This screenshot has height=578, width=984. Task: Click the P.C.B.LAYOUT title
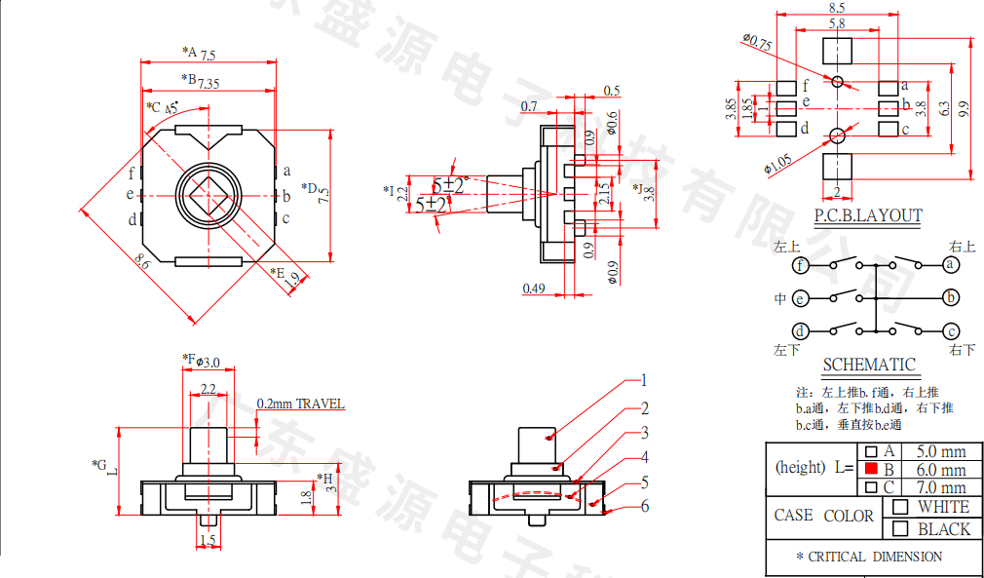pos(868,215)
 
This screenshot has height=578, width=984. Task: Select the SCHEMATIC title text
pos(869,365)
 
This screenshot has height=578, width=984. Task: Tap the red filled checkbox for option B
pos(871,470)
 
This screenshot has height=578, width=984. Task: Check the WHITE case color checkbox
pos(900,507)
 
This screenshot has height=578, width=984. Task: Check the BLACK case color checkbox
pos(900,529)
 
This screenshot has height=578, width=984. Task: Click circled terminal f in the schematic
pos(800,265)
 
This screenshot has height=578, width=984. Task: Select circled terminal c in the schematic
pos(951,330)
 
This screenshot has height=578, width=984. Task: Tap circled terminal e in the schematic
pos(800,298)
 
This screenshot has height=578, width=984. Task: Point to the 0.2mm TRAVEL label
pos(300,404)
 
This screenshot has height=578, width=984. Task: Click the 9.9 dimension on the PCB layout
pos(965,109)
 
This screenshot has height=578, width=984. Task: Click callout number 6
pos(644,506)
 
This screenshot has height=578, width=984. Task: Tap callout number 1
pos(644,381)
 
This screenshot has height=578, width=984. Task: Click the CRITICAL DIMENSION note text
pos(869,557)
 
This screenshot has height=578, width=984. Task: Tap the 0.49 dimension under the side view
pos(533,288)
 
